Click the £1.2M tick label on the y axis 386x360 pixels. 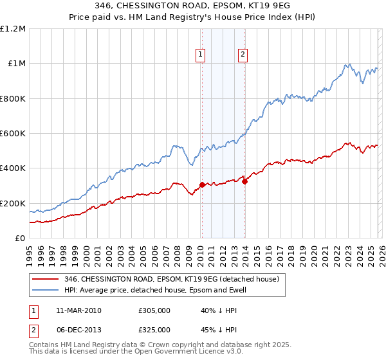(13, 29)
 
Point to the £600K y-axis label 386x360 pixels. (13, 134)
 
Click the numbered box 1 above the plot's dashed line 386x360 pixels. (201, 55)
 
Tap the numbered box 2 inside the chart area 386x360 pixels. (243, 55)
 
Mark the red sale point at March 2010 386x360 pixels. (202, 185)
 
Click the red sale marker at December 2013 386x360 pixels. (244, 181)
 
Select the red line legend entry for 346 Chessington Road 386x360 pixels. (171, 279)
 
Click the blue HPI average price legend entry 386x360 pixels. (155, 291)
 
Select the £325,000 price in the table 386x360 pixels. (154, 330)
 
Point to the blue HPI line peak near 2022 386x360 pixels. (348, 64)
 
